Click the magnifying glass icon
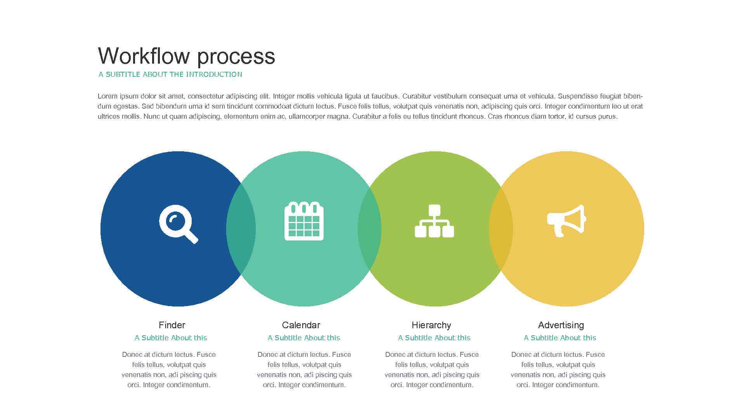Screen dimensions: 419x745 pyautogui.click(x=178, y=223)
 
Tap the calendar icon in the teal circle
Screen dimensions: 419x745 pyautogui.click(x=304, y=221)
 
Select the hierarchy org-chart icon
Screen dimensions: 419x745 pyautogui.click(x=434, y=221)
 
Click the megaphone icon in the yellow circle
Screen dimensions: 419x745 pyautogui.click(x=566, y=220)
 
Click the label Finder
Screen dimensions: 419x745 pyautogui.click(x=172, y=325)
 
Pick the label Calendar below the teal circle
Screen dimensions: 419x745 pyautogui.click(x=301, y=325)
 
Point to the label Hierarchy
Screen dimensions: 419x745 pyautogui.click(x=431, y=325)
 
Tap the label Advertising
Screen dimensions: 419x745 pyautogui.click(x=561, y=325)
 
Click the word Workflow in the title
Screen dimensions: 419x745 pyautogui.click(x=145, y=56)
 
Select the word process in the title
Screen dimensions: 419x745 pyautogui.click(x=236, y=57)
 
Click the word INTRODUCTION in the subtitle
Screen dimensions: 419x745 pyautogui.click(x=214, y=74)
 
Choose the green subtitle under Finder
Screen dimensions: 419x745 pyautogui.click(x=171, y=338)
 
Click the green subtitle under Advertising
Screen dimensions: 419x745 pyautogui.click(x=560, y=338)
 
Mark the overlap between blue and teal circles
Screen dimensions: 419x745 pyautogui.click(x=241, y=229)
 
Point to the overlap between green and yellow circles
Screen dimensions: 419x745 pyautogui.click(x=501, y=229)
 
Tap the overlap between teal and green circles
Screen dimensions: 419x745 pyautogui.click(x=369, y=229)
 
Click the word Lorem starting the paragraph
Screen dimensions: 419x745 pyautogui.click(x=107, y=96)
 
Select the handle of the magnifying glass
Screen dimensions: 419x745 pyautogui.click(x=191, y=236)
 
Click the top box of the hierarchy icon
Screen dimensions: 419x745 pyautogui.click(x=434, y=210)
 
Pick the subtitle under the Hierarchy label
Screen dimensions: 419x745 pyautogui.click(x=434, y=338)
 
